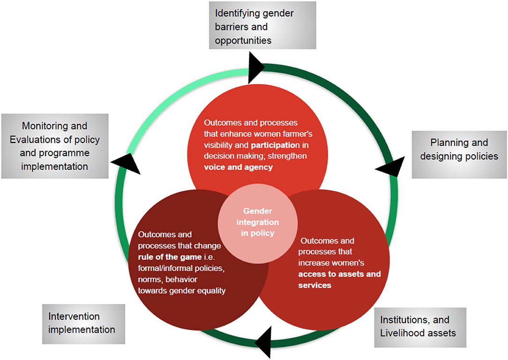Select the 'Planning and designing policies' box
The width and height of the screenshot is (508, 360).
[x=459, y=149]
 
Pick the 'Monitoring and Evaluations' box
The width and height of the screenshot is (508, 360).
[x=54, y=146]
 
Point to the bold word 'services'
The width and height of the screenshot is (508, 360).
[x=315, y=285]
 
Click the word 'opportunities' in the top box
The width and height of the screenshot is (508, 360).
[x=243, y=40]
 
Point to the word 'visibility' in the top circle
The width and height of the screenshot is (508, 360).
[x=219, y=145]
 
